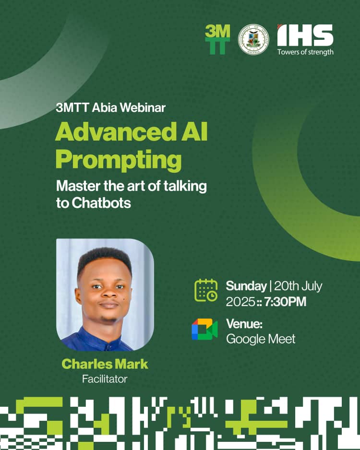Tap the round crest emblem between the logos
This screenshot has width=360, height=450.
coord(253,39)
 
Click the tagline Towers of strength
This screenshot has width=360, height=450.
coord(305,52)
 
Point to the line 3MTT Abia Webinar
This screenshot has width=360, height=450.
coord(110,107)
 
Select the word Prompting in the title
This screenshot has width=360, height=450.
coord(119,160)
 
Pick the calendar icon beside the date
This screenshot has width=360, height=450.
coord(205,290)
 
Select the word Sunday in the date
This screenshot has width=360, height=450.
coord(246,286)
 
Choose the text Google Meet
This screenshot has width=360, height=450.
coord(261,339)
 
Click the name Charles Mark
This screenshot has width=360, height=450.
coord(105,364)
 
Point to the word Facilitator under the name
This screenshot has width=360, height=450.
coord(105,379)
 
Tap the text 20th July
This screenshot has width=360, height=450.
coord(298,286)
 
